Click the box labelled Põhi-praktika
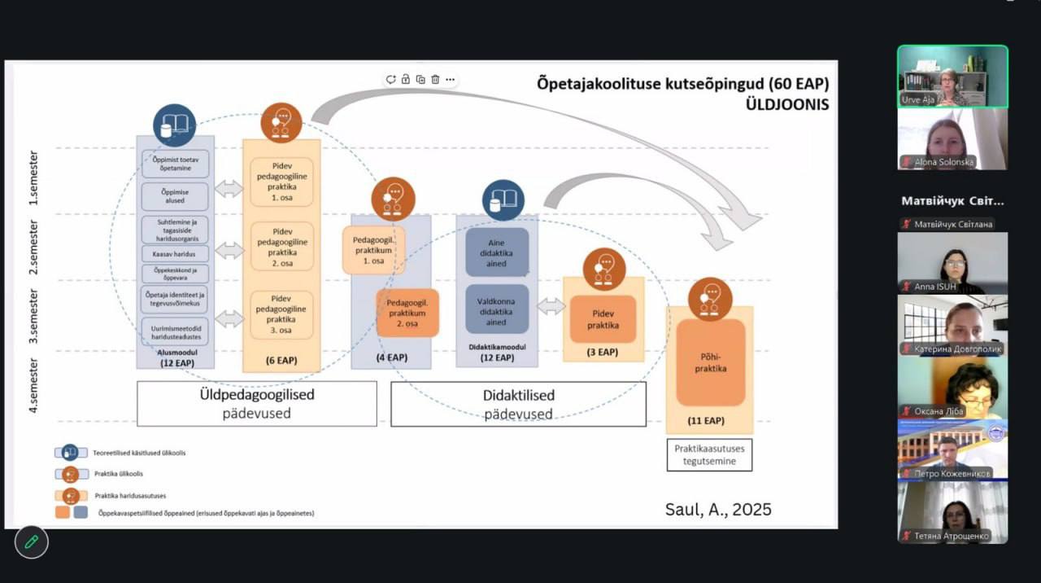(711, 362)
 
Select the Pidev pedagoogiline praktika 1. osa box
(281, 182)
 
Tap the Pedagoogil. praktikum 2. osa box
(407, 313)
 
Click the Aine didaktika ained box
(497, 252)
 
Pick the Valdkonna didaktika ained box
(497, 309)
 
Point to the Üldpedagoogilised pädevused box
(256, 403)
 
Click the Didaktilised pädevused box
(518, 404)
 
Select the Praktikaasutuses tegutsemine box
(709, 454)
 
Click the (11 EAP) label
(705, 420)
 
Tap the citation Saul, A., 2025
(718, 510)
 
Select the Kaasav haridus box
(175, 253)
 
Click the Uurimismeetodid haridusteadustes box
(175, 330)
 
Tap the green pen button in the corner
(32, 541)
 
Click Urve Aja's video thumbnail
(952, 77)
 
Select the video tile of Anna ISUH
(952, 263)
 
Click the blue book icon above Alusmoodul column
(175, 125)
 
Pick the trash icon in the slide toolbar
(436, 79)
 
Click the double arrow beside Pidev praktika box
(551, 307)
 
